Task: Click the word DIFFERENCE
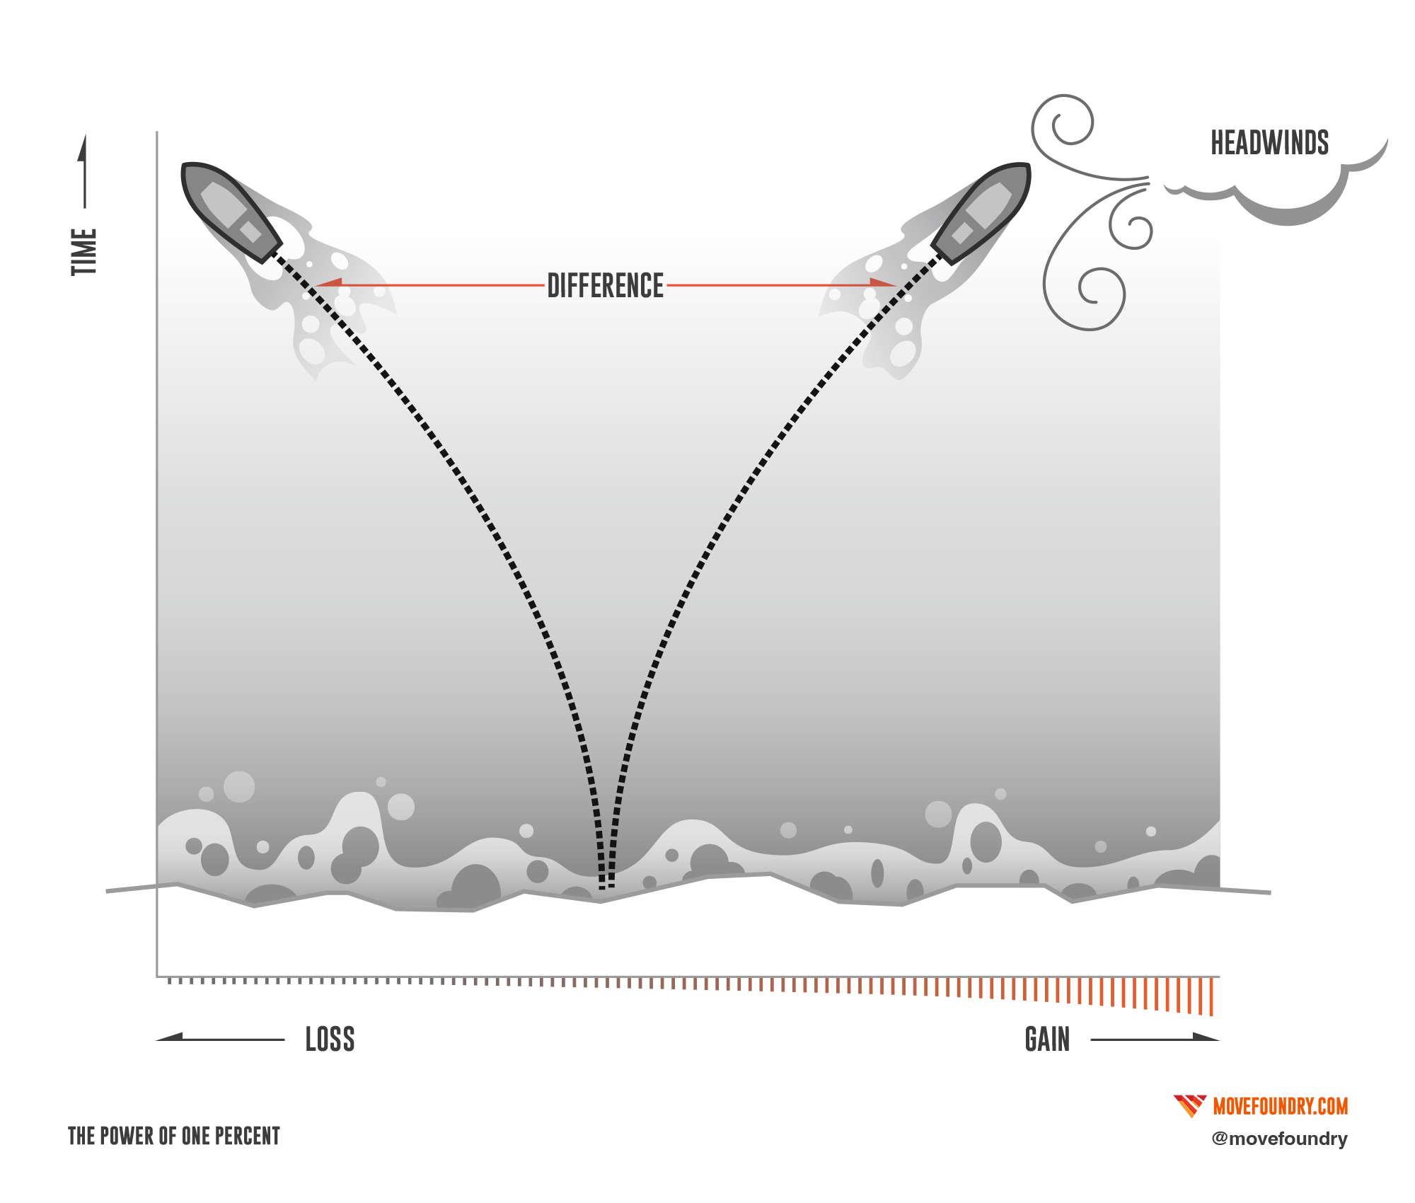point(606,285)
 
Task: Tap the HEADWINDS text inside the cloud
point(1269,144)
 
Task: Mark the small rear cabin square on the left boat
point(250,231)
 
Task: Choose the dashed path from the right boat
point(750,495)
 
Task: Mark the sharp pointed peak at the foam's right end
point(1221,822)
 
